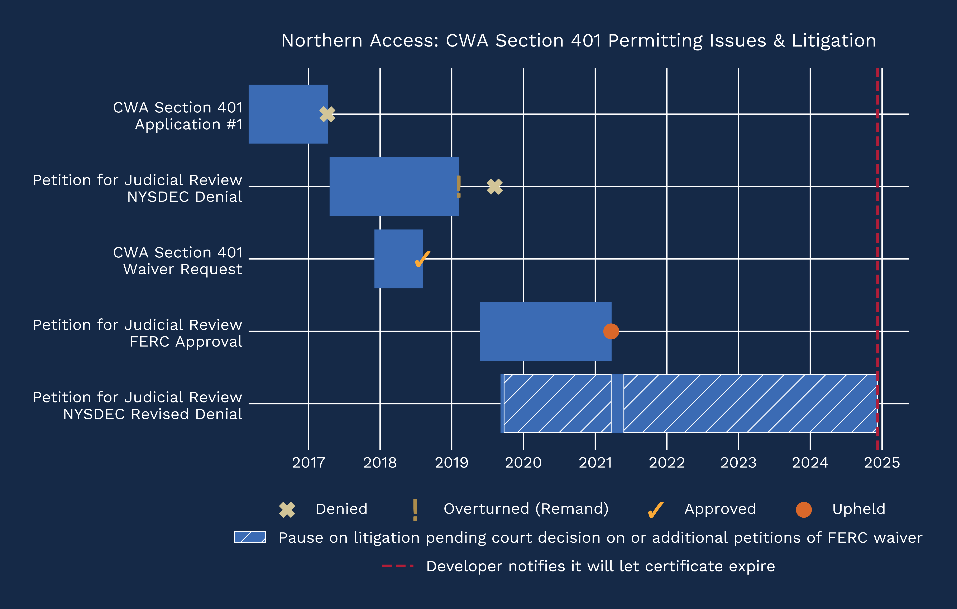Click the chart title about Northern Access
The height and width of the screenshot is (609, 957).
click(x=579, y=40)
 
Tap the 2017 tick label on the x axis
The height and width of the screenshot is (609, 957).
click(x=308, y=462)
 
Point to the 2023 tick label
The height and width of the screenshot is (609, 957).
click(x=738, y=462)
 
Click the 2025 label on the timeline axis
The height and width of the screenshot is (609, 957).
click(x=882, y=462)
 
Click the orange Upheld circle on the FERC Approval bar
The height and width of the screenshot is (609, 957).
click(x=611, y=331)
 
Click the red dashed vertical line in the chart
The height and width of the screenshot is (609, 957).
click(x=877, y=238)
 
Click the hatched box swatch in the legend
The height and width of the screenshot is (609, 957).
click(x=250, y=537)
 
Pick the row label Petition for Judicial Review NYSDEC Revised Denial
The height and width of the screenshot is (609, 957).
click(x=138, y=406)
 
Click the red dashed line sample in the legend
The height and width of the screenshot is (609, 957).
click(x=397, y=566)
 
